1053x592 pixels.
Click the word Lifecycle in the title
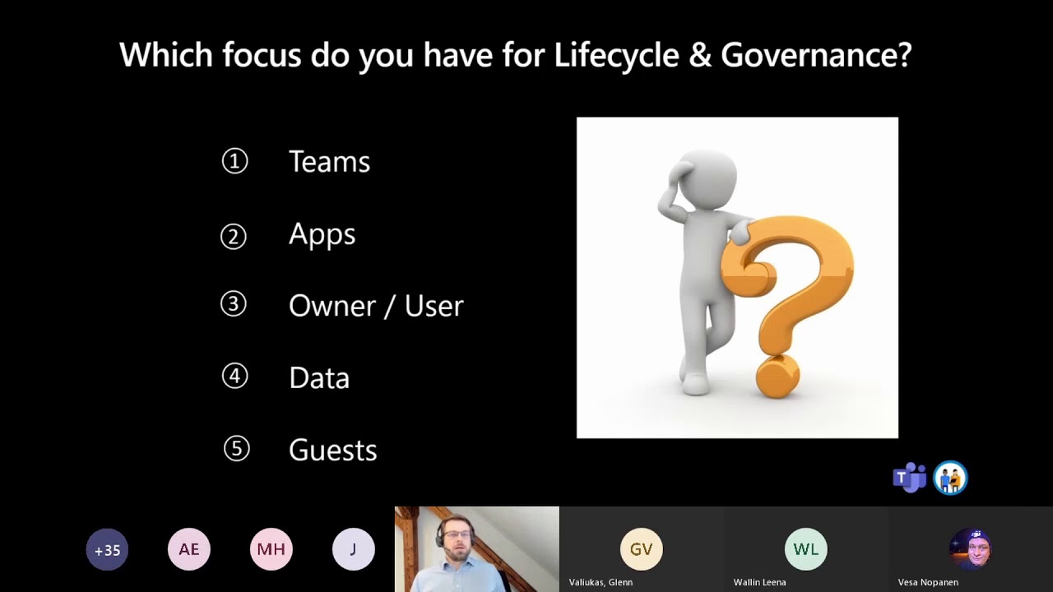tap(616, 56)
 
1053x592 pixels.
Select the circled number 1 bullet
tap(234, 161)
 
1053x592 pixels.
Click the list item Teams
tap(329, 162)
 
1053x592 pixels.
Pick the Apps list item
tap(322, 235)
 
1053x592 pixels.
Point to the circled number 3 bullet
tap(234, 304)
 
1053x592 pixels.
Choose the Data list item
tap(319, 378)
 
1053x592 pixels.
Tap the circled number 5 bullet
tap(236, 449)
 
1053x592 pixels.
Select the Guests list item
tap(332, 451)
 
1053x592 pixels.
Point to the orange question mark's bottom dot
tap(777, 377)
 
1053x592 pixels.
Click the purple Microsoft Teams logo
tap(909, 478)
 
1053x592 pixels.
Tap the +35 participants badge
tap(107, 550)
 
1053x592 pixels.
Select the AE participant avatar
tap(189, 550)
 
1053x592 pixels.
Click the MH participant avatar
tap(271, 550)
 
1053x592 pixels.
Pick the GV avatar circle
tap(641, 549)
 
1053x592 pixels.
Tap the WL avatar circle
tap(805, 549)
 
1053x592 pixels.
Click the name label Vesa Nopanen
tap(928, 582)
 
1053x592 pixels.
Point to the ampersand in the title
tap(700, 56)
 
